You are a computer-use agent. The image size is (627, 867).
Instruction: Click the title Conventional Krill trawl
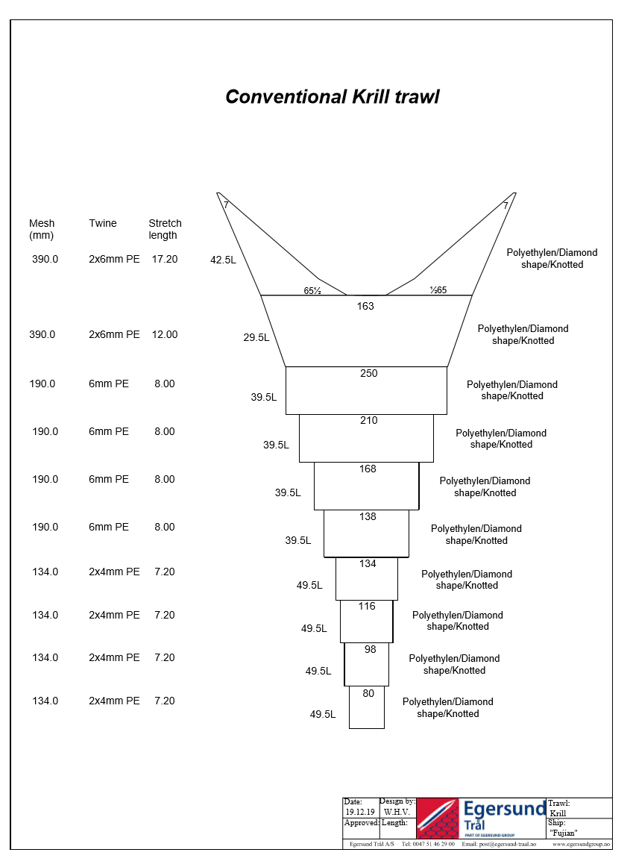(x=332, y=97)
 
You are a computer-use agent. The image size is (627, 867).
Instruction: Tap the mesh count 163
(x=365, y=306)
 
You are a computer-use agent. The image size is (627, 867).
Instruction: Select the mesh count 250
(x=368, y=374)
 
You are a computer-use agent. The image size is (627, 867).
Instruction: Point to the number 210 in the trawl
(x=368, y=421)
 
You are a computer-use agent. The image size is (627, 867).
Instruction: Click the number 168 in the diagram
(x=368, y=469)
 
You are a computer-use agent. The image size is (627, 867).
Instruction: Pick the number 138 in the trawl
(x=368, y=517)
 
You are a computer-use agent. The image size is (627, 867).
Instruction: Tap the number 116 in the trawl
(x=367, y=607)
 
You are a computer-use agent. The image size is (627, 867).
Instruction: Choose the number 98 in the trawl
(x=371, y=650)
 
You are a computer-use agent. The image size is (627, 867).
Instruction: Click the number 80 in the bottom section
(x=368, y=694)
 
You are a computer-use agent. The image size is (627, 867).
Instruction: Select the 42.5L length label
(x=223, y=260)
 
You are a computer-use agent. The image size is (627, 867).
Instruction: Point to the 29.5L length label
(x=256, y=338)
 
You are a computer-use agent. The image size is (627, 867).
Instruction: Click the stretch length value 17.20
(x=164, y=259)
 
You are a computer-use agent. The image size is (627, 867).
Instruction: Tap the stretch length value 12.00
(x=164, y=335)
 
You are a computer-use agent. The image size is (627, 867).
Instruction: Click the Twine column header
(x=103, y=223)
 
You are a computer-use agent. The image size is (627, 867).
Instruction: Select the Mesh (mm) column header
(x=42, y=229)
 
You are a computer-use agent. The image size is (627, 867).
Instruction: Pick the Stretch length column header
(x=165, y=229)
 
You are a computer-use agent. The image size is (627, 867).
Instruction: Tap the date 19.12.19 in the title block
(x=360, y=812)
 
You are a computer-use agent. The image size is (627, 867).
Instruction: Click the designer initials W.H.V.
(x=397, y=812)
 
